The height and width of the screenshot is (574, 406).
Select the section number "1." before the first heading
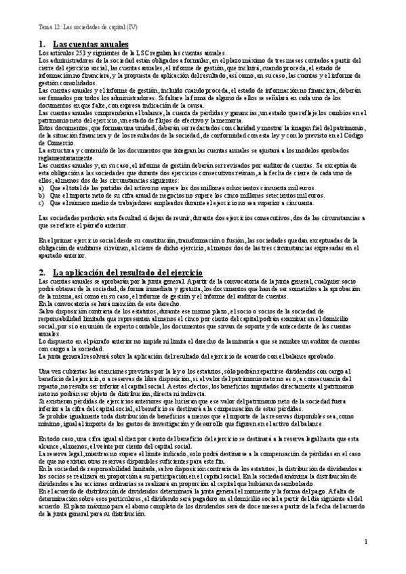pos(42,44)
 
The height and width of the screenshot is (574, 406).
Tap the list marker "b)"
pos(41,194)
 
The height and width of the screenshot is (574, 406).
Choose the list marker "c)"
pos(41,202)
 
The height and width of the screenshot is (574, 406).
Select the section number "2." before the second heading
pos(42,271)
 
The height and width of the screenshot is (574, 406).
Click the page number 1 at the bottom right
pos(365,542)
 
